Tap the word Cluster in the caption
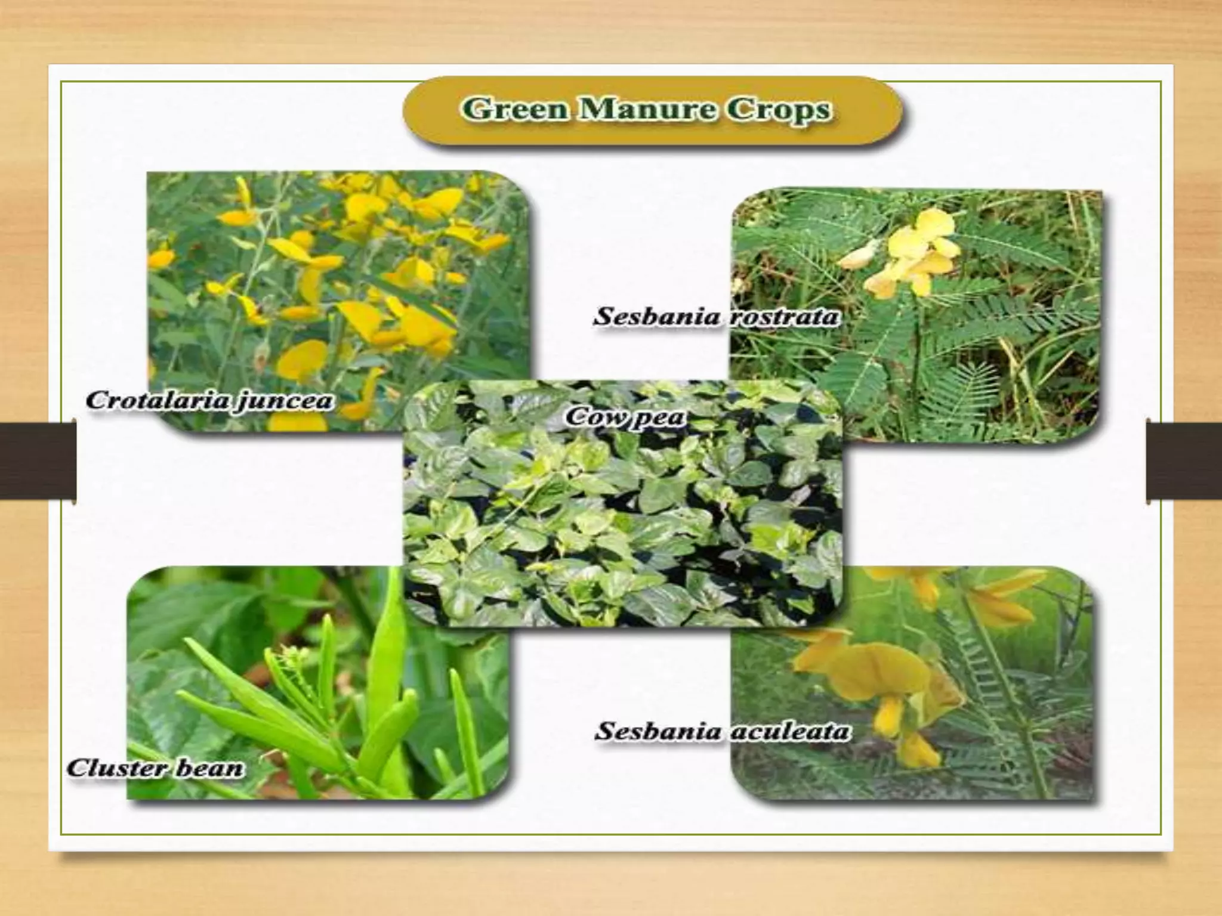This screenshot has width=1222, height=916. [108, 768]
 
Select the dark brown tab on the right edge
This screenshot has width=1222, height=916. [1184, 460]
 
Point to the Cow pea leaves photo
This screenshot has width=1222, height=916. [624, 519]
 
